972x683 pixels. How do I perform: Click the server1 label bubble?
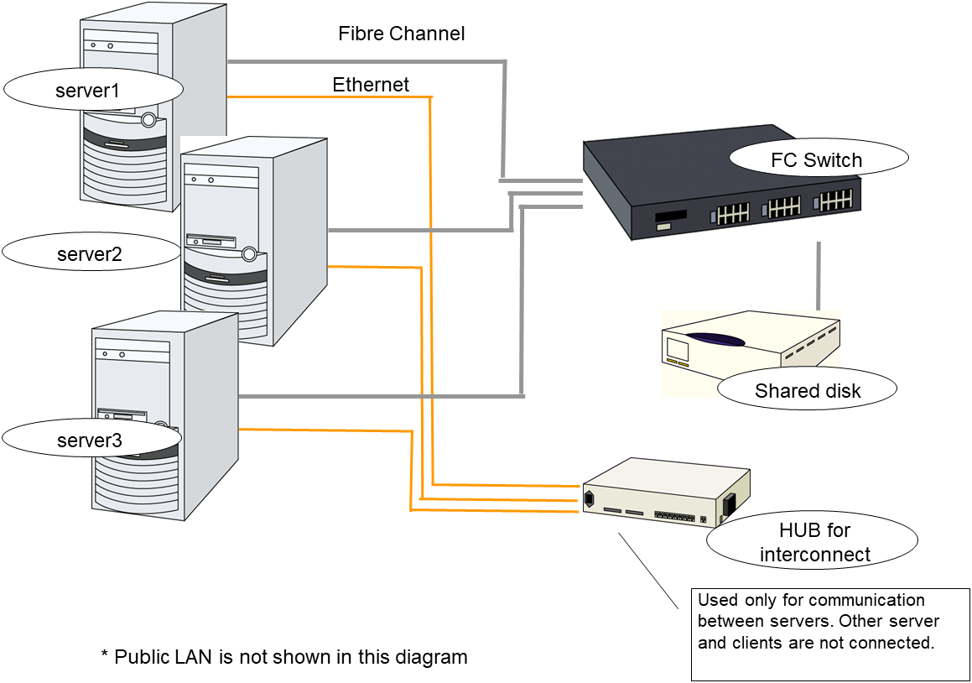(92, 90)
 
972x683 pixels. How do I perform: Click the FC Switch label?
(817, 159)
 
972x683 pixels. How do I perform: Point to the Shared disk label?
(807, 390)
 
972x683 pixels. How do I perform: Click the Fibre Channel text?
(401, 34)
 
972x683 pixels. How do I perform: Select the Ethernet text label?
(371, 85)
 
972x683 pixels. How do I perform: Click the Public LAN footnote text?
(283, 657)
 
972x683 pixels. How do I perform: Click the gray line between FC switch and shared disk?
(819, 277)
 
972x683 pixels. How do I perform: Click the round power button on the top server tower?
(149, 120)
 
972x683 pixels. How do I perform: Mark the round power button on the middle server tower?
(248, 253)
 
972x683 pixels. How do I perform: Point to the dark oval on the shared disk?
(715, 341)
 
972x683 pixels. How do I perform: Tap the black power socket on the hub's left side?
(589, 499)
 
